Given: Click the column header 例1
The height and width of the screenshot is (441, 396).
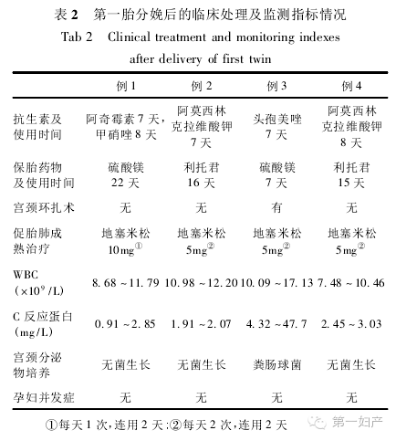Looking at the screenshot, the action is pyautogui.click(x=124, y=87).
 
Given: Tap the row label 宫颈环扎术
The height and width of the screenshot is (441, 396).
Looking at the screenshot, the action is pyautogui.click(x=42, y=207).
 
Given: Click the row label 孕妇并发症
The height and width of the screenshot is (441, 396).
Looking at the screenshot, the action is pyautogui.click(x=42, y=396).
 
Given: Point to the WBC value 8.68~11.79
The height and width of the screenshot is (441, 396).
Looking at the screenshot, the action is pyautogui.click(x=125, y=286).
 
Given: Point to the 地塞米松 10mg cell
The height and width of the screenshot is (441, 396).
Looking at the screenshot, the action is pyautogui.click(x=125, y=242).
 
